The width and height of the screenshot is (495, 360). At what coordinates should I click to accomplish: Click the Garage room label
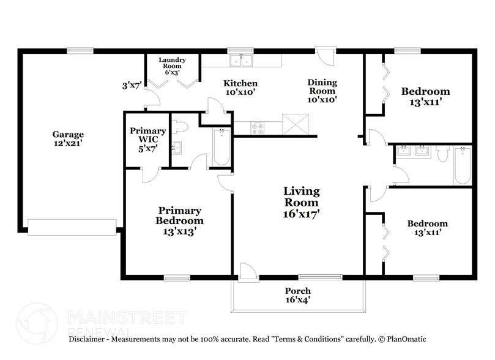pyautogui.click(x=67, y=138)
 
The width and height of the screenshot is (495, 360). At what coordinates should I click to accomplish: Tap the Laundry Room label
pyautogui.click(x=172, y=66)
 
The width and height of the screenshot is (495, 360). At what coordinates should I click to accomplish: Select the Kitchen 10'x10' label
pyautogui.click(x=240, y=88)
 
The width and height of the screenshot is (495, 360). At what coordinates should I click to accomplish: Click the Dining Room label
pyautogui.click(x=322, y=90)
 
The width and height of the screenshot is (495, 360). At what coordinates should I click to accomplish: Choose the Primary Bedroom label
pyautogui.click(x=179, y=220)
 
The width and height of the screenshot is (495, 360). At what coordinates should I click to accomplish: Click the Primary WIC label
pyautogui.click(x=147, y=139)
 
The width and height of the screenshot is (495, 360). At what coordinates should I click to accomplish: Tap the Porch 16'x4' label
pyautogui.click(x=298, y=295)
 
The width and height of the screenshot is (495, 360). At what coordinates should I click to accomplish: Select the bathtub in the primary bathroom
pyautogui.click(x=221, y=147)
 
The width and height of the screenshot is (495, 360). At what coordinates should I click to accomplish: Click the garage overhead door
pyautogui.click(x=72, y=227)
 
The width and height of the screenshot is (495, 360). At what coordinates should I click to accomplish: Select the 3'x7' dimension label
pyautogui.click(x=132, y=86)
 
